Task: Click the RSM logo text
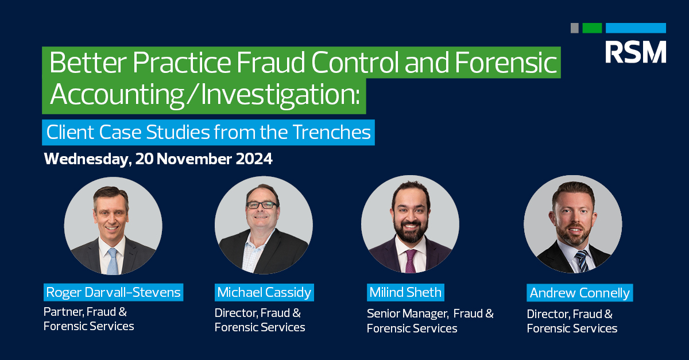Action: click(635, 52)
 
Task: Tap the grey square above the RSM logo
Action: click(574, 28)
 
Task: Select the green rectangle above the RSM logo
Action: click(592, 28)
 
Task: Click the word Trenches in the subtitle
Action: click(332, 133)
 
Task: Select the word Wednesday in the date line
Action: click(86, 159)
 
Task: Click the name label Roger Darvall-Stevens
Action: click(113, 292)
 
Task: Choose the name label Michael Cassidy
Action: click(264, 292)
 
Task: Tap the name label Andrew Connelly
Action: click(579, 293)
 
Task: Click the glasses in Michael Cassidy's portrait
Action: click(262, 204)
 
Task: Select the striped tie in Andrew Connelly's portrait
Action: click(582, 261)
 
